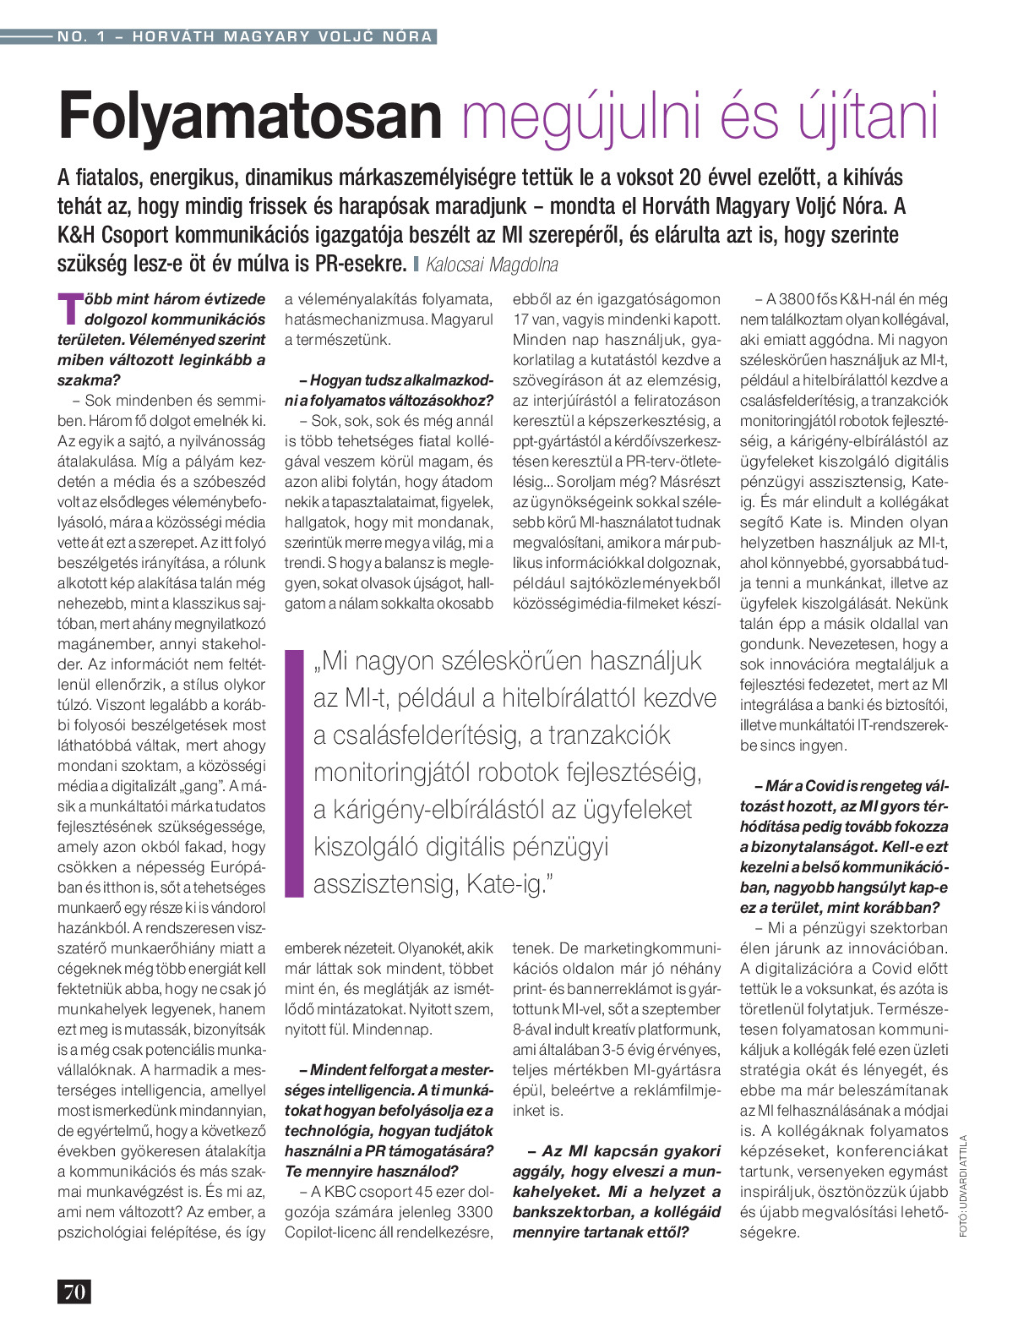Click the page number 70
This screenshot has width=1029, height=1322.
tap(74, 1291)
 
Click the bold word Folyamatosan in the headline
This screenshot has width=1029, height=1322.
tap(250, 117)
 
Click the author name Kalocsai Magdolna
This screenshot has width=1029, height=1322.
tap(492, 265)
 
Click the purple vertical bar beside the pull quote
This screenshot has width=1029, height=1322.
tap(294, 773)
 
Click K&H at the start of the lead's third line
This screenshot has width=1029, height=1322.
tap(77, 235)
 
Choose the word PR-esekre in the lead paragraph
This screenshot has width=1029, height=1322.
tap(361, 264)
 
